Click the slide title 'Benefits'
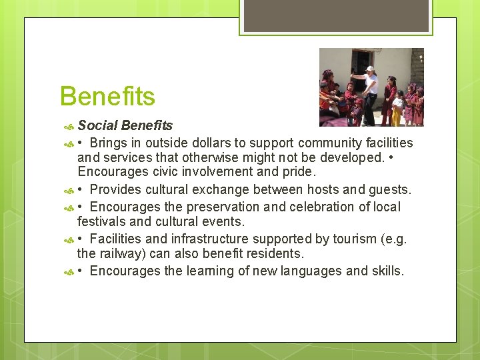107,97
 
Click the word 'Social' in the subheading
98,125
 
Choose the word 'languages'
306,271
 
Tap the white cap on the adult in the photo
369,69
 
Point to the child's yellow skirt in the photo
396,117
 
